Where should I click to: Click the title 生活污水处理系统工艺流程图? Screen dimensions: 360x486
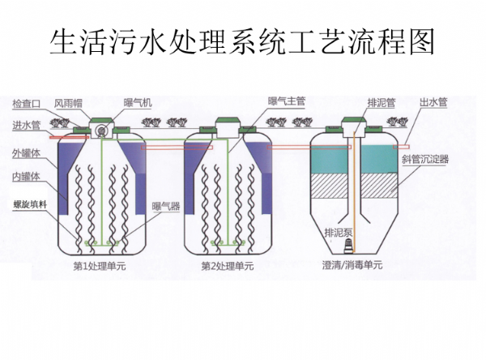(242, 41)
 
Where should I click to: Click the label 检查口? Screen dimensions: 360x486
(27, 104)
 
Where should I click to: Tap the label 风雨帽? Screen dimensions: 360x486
(69, 104)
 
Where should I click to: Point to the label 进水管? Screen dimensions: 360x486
(27, 125)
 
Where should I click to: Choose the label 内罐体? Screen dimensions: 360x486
(27, 176)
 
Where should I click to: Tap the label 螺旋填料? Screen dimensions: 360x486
(29, 203)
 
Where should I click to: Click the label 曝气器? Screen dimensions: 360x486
(164, 206)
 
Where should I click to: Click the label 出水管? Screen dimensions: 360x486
(433, 103)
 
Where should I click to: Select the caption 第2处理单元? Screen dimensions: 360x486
(227, 266)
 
